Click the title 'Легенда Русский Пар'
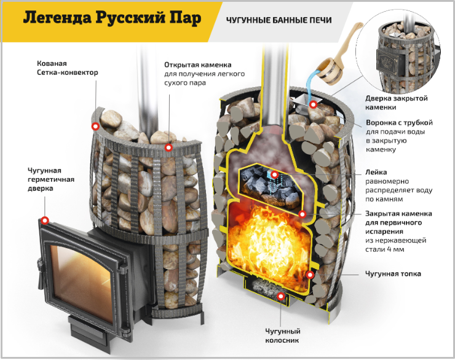click(x=112, y=18)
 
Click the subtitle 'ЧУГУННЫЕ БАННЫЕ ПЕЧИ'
click(x=279, y=20)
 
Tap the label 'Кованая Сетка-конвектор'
click(x=67, y=68)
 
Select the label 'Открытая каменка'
click(x=197, y=65)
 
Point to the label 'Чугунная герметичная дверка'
click(x=51, y=179)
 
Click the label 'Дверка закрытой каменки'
click(x=397, y=103)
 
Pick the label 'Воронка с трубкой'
click(x=399, y=123)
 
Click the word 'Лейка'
click(x=376, y=172)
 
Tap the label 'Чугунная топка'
click(x=393, y=274)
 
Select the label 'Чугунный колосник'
click(x=282, y=335)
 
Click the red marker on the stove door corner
click(x=45, y=221)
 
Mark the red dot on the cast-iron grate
click(x=280, y=296)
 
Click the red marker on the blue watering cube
click(x=275, y=174)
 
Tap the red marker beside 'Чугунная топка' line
click(x=310, y=275)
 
